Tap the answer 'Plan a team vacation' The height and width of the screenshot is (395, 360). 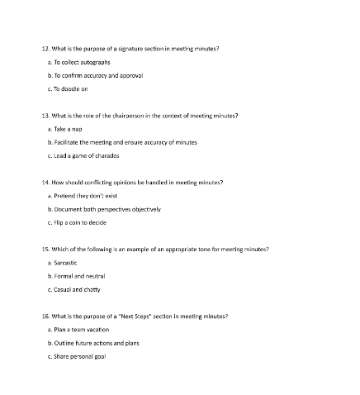coord(81,328)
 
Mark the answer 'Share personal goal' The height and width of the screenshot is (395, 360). coord(79,355)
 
